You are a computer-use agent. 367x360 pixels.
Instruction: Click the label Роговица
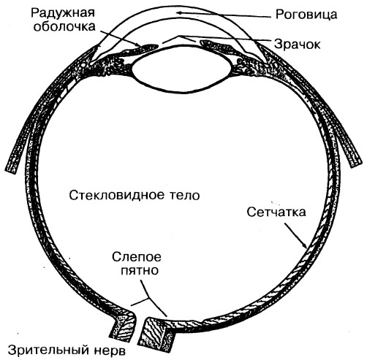(306, 15)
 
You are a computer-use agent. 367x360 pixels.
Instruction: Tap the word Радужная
(63, 12)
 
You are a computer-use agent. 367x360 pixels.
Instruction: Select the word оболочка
(64, 26)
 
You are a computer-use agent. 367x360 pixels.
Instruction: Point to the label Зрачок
(297, 44)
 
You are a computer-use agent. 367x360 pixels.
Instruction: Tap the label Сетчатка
(276, 212)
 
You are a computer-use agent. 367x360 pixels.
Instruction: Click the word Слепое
(137, 257)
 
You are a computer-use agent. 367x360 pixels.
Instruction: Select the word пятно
(140, 270)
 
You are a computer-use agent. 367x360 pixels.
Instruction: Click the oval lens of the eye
(181, 69)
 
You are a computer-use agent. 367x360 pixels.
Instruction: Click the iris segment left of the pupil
(143, 48)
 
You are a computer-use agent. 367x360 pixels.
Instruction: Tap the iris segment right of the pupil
(217, 46)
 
